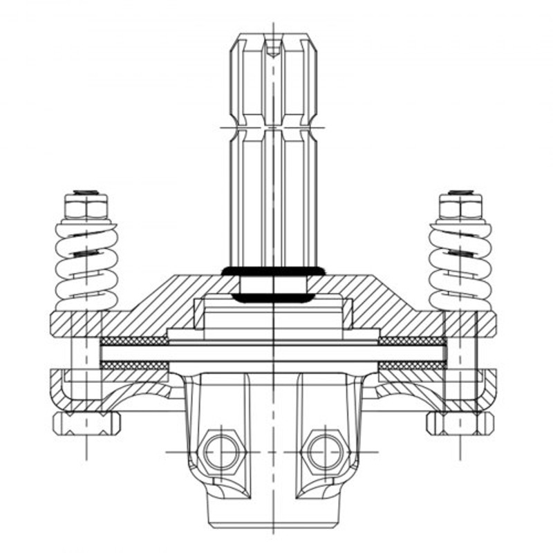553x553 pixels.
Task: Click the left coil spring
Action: pyautogui.click(x=86, y=266)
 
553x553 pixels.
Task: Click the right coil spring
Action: pyautogui.click(x=460, y=266)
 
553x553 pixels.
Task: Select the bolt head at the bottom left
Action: pyautogui.click(x=86, y=422)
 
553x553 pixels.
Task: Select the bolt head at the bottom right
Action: pyautogui.click(x=460, y=422)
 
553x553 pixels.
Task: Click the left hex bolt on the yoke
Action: pyautogui.click(x=222, y=452)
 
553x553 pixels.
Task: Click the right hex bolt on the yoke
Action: pyautogui.click(x=326, y=452)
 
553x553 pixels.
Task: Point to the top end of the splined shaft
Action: pyautogui.click(x=274, y=36)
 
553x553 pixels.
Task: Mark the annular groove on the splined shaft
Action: pyautogui.click(x=274, y=126)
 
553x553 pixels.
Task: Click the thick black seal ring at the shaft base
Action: pyautogui.click(x=274, y=270)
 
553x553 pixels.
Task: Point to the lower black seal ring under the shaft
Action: pyautogui.click(x=274, y=298)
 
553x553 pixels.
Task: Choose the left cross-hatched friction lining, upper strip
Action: pyautogui.click(x=135, y=341)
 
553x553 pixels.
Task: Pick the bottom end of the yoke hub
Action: pyautogui.click(x=274, y=522)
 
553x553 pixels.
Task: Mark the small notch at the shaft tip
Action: pyautogui.click(x=274, y=50)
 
